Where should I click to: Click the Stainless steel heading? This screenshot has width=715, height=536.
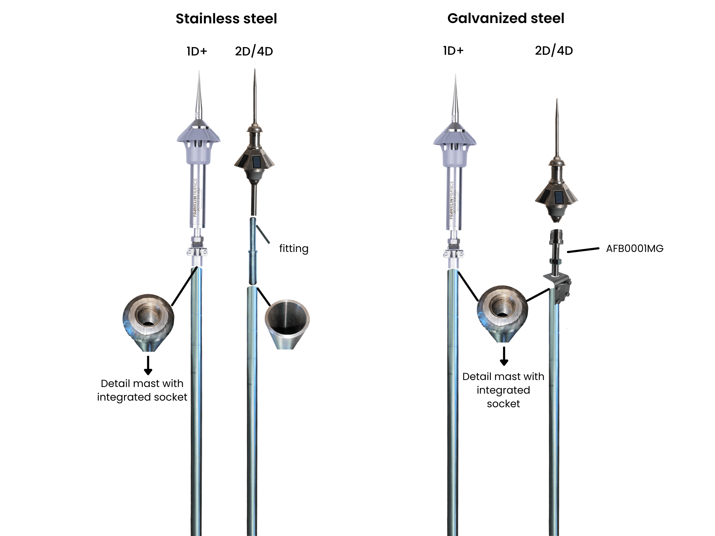[226, 19]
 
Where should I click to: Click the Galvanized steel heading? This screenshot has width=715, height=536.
[506, 18]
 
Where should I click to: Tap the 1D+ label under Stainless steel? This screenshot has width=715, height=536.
[197, 51]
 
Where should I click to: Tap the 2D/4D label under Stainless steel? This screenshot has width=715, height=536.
[254, 51]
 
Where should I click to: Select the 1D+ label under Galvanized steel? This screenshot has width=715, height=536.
[453, 51]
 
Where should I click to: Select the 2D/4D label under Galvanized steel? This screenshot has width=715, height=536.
[554, 51]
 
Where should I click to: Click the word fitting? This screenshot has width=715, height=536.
[294, 248]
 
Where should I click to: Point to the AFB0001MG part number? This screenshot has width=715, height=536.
[634, 248]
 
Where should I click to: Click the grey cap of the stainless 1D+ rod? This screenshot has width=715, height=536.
[198, 143]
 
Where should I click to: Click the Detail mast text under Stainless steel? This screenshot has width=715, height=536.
[142, 390]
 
